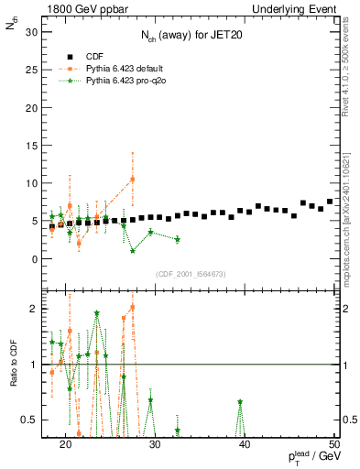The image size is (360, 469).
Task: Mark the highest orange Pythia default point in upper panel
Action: (133, 179)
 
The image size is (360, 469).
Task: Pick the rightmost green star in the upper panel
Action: (177, 239)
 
